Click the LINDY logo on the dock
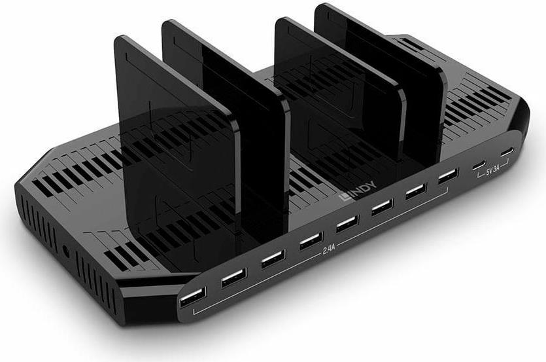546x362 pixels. (x=358, y=191)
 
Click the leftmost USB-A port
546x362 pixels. (x=193, y=297)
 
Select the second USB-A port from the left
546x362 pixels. (x=234, y=277)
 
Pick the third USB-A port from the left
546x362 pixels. (x=274, y=259)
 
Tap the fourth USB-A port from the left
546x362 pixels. (x=311, y=241)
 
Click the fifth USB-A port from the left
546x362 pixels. (x=347, y=223)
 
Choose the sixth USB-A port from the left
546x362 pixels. (x=383, y=207)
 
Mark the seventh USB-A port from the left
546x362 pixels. (x=416, y=191)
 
